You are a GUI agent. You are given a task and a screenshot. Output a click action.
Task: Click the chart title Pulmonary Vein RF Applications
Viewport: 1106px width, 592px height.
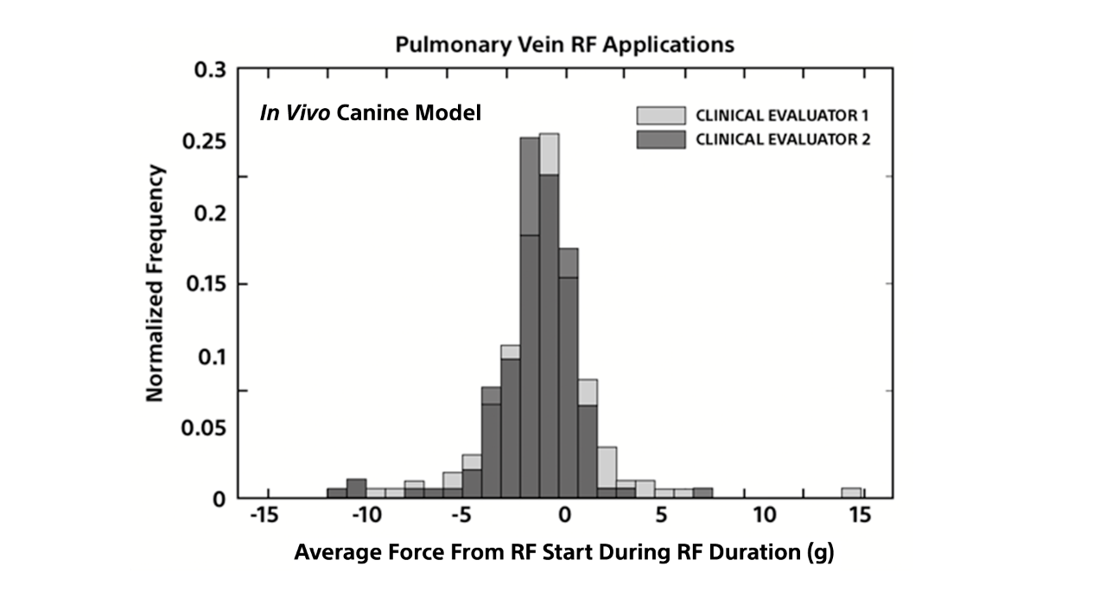564,44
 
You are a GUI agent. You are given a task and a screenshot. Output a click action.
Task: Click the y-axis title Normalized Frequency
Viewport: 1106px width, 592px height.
155,283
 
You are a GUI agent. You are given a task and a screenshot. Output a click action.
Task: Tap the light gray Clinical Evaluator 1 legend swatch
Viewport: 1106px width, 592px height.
660,116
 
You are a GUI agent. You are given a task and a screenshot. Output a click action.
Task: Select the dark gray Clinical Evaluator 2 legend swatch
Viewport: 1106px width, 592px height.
660,139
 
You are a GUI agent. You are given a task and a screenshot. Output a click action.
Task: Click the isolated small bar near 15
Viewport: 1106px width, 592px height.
851,493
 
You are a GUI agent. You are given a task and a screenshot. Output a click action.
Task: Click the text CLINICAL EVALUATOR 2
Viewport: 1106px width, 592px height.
782,139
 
